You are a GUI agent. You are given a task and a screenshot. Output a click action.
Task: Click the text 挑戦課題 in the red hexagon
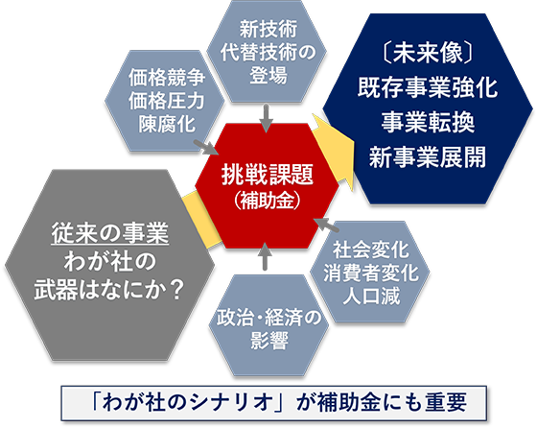(x=268, y=175)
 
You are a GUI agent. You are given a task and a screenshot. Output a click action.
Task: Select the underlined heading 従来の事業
(x=110, y=234)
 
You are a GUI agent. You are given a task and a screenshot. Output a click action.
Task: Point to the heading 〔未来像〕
(x=428, y=53)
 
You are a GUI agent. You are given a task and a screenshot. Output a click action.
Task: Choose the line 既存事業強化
(x=428, y=87)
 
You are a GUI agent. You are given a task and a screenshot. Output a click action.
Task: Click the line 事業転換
(x=428, y=122)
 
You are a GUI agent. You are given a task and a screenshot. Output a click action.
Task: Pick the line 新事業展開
(x=428, y=157)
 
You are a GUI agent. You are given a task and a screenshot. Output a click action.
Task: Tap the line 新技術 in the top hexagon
(x=268, y=29)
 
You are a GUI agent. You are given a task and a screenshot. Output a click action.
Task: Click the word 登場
(x=268, y=75)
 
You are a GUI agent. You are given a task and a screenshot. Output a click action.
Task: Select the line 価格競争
(x=167, y=78)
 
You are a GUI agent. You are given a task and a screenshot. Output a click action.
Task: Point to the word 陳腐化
(x=167, y=124)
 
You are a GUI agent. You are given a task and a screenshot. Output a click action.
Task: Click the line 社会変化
(x=371, y=250)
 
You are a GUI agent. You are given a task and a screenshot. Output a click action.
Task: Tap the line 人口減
(x=371, y=296)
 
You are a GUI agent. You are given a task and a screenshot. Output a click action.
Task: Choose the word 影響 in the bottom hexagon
(x=268, y=341)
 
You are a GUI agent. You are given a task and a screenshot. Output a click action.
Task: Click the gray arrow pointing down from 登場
(x=266, y=118)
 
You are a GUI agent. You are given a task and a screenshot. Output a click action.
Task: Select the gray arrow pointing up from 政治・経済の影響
(x=265, y=256)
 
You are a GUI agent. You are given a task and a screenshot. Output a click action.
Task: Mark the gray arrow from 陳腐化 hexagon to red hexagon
(x=206, y=148)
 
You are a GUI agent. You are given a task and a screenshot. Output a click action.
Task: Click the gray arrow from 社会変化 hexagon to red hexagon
(x=326, y=225)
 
